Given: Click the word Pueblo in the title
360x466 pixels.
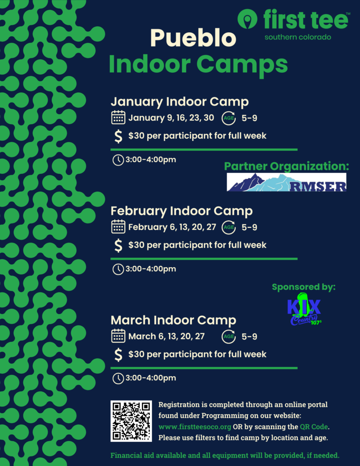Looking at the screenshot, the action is pyautogui.click(x=193, y=38).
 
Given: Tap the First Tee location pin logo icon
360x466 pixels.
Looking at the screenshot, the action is pyautogui.click(x=247, y=19).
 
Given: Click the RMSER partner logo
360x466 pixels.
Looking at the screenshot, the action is pyautogui.click(x=287, y=182).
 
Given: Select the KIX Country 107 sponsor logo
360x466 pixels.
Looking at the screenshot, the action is pyautogui.click(x=304, y=309).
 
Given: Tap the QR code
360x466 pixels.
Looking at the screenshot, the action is pyautogui.click(x=131, y=421).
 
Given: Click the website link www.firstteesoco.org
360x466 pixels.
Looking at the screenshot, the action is pyautogui.click(x=195, y=427).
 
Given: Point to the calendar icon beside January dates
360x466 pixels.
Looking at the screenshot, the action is pyautogui.click(x=118, y=117).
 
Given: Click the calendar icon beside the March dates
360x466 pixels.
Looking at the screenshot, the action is pyautogui.click(x=118, y=336).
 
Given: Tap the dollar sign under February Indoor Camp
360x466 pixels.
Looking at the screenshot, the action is pyautogui.click(x=118, y=245).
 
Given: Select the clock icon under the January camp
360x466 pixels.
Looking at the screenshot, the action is pyautogui.click(x=118, y=160).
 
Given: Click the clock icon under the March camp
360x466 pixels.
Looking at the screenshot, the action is pyautogui.click(x=118, y=378).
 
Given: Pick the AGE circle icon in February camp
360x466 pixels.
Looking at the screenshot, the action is pyautogui.click(x=228, y=228).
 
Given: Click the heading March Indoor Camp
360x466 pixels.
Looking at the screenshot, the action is pyautogui.click(x=173, y=320).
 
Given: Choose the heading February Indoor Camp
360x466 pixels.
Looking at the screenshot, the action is pyautogui.click(x=182, y=211).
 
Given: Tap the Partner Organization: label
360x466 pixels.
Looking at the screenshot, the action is pyautogui.click(x=287, y=167).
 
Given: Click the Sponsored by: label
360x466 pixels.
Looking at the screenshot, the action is pyautogui.click(x=304, y=287).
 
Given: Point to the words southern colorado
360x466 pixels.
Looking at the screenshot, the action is pyautogui.click(x=298, y=37).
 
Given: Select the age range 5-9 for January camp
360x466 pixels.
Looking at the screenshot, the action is pyautogui.click(x=249, y=118).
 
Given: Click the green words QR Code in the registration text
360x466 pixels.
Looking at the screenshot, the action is pyautogui.click(x=314, y=427).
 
